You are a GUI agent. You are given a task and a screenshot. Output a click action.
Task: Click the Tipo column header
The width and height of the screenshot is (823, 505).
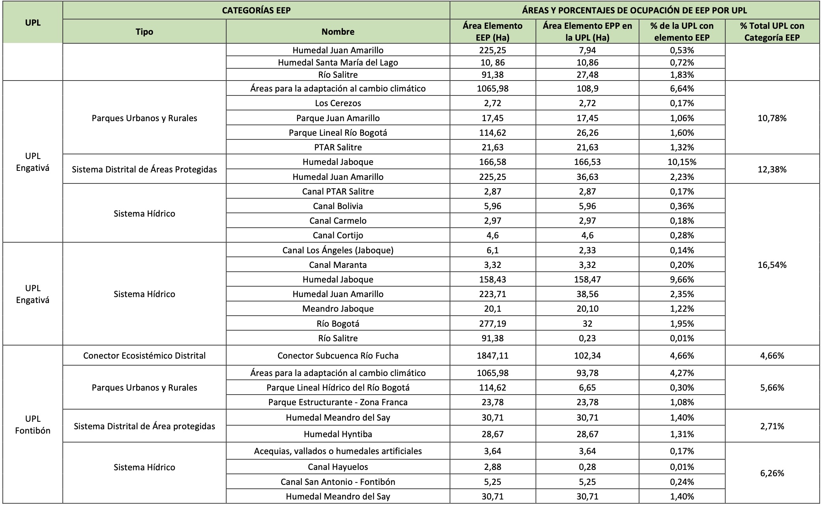[144, 32]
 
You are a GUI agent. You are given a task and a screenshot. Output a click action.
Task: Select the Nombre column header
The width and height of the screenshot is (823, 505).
[338, 32]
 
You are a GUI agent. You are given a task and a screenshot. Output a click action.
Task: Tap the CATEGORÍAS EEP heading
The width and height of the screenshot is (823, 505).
[256, 10]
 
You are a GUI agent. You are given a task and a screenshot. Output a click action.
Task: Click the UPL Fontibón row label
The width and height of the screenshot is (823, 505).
[33, 425]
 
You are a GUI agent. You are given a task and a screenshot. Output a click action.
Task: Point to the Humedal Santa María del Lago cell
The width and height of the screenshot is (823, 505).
[338, 62]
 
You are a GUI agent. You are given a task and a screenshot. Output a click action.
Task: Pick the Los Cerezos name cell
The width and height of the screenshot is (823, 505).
[338, 103]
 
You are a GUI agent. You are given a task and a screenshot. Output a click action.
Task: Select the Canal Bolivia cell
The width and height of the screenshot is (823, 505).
[338, 206]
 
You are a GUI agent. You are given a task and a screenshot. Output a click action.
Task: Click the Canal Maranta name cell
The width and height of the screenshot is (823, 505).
[338, 265]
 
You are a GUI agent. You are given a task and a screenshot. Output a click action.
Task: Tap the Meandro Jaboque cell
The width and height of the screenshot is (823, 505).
[338, 309]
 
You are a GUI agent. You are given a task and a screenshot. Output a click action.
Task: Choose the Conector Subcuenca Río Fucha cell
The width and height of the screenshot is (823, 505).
[338, 355]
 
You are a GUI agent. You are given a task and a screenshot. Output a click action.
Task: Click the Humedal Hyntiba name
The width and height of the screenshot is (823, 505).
[338, 434]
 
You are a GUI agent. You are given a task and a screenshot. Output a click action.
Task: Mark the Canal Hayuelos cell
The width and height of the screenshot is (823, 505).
[338, 467]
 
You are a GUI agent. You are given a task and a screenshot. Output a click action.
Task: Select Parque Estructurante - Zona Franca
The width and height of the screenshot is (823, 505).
[338, 402]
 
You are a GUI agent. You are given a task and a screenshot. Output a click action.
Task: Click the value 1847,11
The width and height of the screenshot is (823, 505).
[492, 355]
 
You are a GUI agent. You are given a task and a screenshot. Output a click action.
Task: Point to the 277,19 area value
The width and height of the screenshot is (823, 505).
[492, 324]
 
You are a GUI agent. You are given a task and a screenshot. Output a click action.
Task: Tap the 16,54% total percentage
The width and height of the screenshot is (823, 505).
[772, 265]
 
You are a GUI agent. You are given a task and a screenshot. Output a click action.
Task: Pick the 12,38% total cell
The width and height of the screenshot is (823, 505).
[772, 169]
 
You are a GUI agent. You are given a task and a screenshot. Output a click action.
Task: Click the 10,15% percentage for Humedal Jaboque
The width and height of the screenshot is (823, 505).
[682, 162]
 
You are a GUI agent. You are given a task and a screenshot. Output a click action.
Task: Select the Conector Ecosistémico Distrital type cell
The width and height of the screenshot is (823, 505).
[144, 355]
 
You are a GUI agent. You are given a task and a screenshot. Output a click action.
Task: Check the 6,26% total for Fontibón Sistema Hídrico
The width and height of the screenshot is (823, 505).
[772, 473]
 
